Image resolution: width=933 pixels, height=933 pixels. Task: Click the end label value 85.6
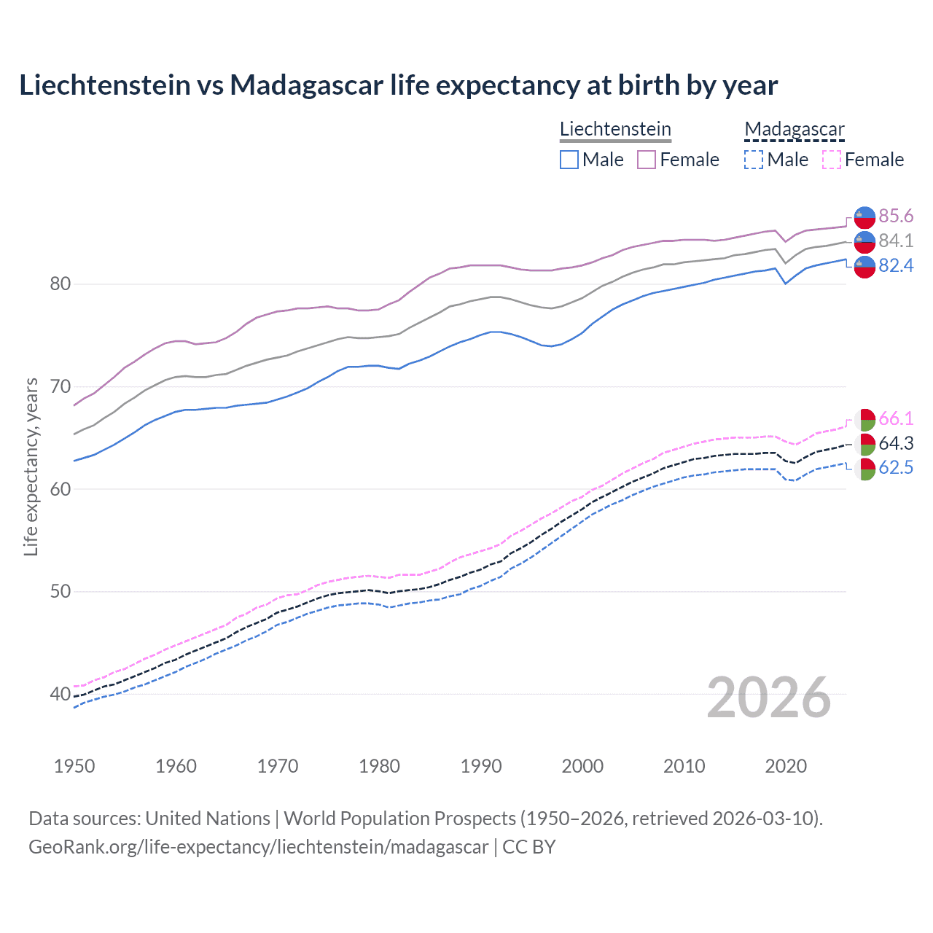896,216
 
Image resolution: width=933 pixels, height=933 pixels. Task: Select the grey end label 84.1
896,241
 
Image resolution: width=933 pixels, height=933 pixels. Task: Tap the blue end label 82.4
896,265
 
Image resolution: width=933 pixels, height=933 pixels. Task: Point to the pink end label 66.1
896,418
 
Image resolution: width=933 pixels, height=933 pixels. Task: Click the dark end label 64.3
896,443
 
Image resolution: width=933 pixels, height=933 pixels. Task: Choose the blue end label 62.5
896,467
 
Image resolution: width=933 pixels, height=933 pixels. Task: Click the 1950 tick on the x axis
74,766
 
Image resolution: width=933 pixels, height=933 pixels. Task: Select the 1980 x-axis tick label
379,766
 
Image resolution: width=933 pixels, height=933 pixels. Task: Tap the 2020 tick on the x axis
786,766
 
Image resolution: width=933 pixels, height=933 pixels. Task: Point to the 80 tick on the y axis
60,284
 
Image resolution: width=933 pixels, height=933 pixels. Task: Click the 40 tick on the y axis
60,694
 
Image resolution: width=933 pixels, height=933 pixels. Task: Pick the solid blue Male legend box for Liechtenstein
569,160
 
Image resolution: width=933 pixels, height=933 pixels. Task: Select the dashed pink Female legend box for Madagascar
832,160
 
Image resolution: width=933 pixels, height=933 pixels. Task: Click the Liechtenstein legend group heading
615,129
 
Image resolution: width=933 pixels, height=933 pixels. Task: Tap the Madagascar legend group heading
795,129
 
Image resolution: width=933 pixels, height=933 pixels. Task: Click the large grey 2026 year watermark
769,698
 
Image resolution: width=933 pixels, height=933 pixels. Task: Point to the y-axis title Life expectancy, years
31,467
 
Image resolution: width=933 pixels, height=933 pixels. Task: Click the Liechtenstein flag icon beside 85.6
864,217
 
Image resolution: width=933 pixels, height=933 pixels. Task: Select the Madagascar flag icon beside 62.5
864,469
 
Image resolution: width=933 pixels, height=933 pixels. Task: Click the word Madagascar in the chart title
306,85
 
